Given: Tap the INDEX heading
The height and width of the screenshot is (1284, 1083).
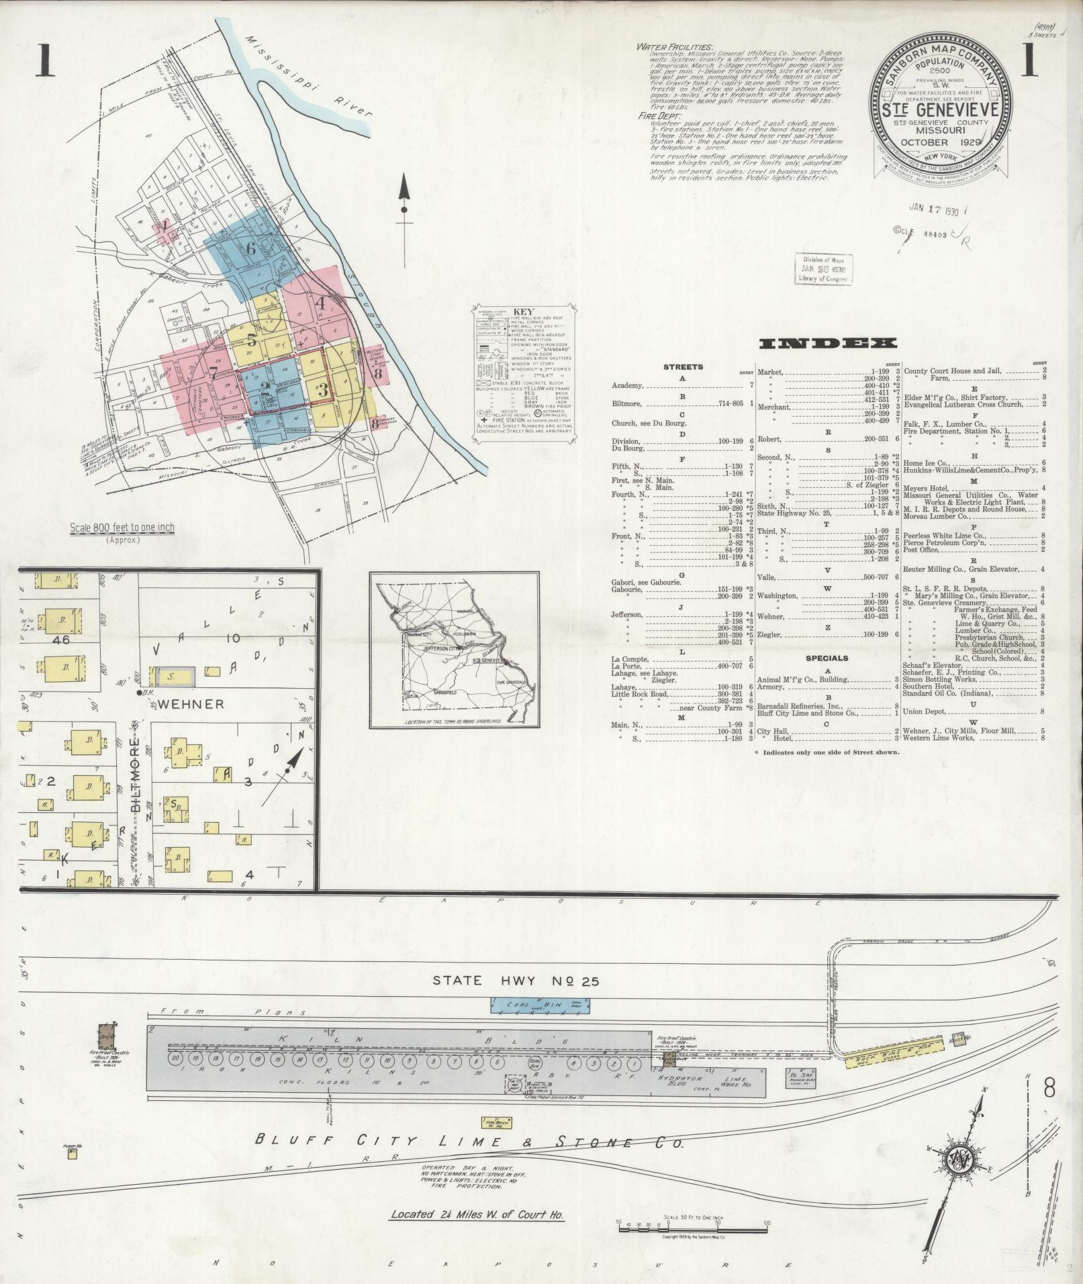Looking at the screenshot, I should click(827, 344).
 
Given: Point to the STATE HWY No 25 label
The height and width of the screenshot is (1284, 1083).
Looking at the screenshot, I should click(514, 981).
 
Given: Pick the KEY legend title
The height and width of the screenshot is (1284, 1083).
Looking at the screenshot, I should click(522, 312).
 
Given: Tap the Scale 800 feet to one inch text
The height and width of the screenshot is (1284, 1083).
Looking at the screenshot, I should click(122, 528).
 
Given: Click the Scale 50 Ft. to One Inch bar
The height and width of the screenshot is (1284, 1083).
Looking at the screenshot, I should click(692, 1228).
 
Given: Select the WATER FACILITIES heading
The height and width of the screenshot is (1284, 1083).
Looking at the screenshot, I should click(676, 47).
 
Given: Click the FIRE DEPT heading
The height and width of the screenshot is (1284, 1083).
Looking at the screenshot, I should click(661, 116).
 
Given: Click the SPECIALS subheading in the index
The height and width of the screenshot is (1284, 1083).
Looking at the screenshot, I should click(827, 658).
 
